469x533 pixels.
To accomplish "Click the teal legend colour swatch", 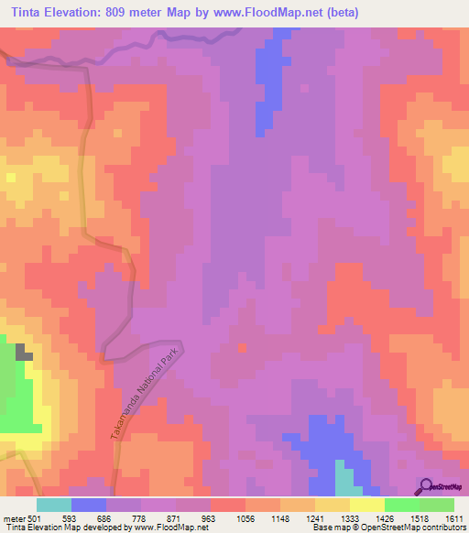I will click(53, 505).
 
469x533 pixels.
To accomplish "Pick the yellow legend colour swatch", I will click(367, 505).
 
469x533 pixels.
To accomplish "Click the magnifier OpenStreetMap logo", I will click(425, 485).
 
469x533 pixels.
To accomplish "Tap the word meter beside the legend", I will click(13, 517).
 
